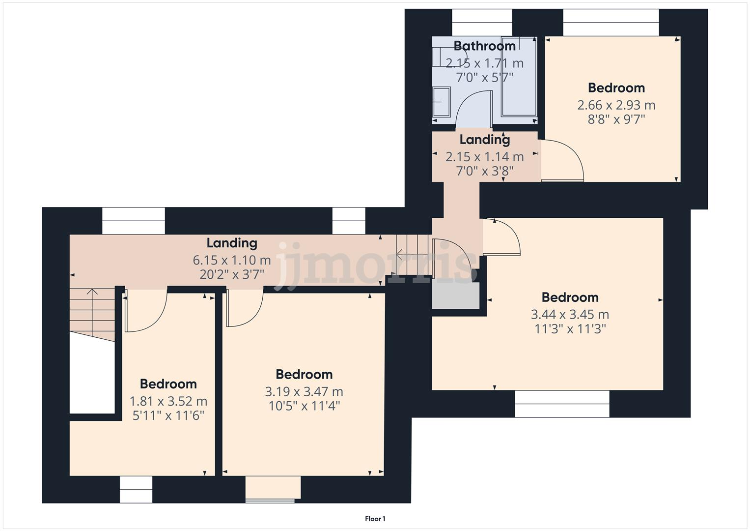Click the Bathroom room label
coord(484,46)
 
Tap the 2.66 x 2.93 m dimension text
coord(616,105)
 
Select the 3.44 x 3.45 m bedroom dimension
coord(570,315)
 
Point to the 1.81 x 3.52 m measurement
coord(168,401)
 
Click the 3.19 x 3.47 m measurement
coord(304,392)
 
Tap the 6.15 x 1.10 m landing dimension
coord(232,260)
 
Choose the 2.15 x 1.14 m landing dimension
coord(484,157)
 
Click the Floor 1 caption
coord(375,519)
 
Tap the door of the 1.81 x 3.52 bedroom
coord(146,312)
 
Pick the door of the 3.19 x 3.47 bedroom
coord(244,309)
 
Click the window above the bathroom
coord(481,23)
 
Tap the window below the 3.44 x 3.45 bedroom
coord(562,404)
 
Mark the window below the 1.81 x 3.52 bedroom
coord(136,490)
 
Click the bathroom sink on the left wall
coord(441,102)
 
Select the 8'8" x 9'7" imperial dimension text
coord(616,119)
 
